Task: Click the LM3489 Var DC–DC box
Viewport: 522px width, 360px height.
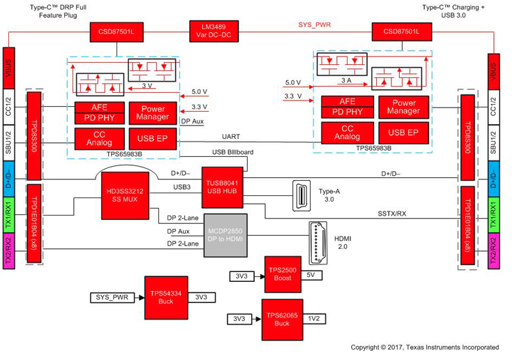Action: click(216, 31)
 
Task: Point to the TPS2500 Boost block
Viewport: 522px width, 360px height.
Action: click(283, 273)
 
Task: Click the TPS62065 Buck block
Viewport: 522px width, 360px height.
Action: click(283, 319)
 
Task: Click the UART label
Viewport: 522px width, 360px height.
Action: click(231, 137)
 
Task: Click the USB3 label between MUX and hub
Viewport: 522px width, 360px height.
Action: click(183, 187)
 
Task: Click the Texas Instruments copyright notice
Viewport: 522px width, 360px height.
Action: click(424, 347)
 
